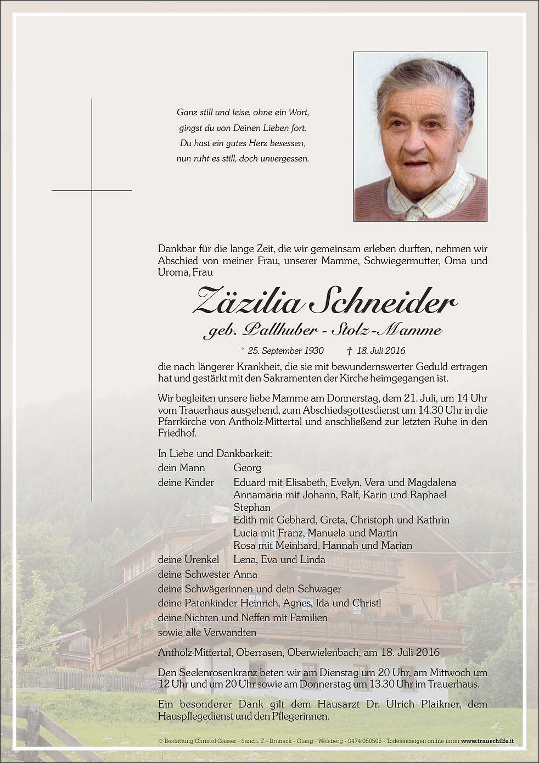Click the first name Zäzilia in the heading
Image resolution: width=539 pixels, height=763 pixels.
point(248,301)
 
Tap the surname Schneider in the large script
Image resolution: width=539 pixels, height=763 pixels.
point(383,301)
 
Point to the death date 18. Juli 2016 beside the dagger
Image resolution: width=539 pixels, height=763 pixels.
point(381,350)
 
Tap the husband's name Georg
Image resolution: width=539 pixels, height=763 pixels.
point(247,468)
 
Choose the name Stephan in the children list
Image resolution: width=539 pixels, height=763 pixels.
point(252,507)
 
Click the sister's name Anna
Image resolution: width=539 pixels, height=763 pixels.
point(245,574)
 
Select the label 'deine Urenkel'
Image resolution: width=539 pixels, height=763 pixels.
point(188,560)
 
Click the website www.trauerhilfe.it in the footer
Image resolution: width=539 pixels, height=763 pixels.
point(487,741)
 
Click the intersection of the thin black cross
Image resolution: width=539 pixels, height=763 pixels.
point(92,191)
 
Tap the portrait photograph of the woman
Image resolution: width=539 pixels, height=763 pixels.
point(420,136)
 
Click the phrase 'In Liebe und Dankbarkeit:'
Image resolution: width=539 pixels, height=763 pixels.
point(215,454)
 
